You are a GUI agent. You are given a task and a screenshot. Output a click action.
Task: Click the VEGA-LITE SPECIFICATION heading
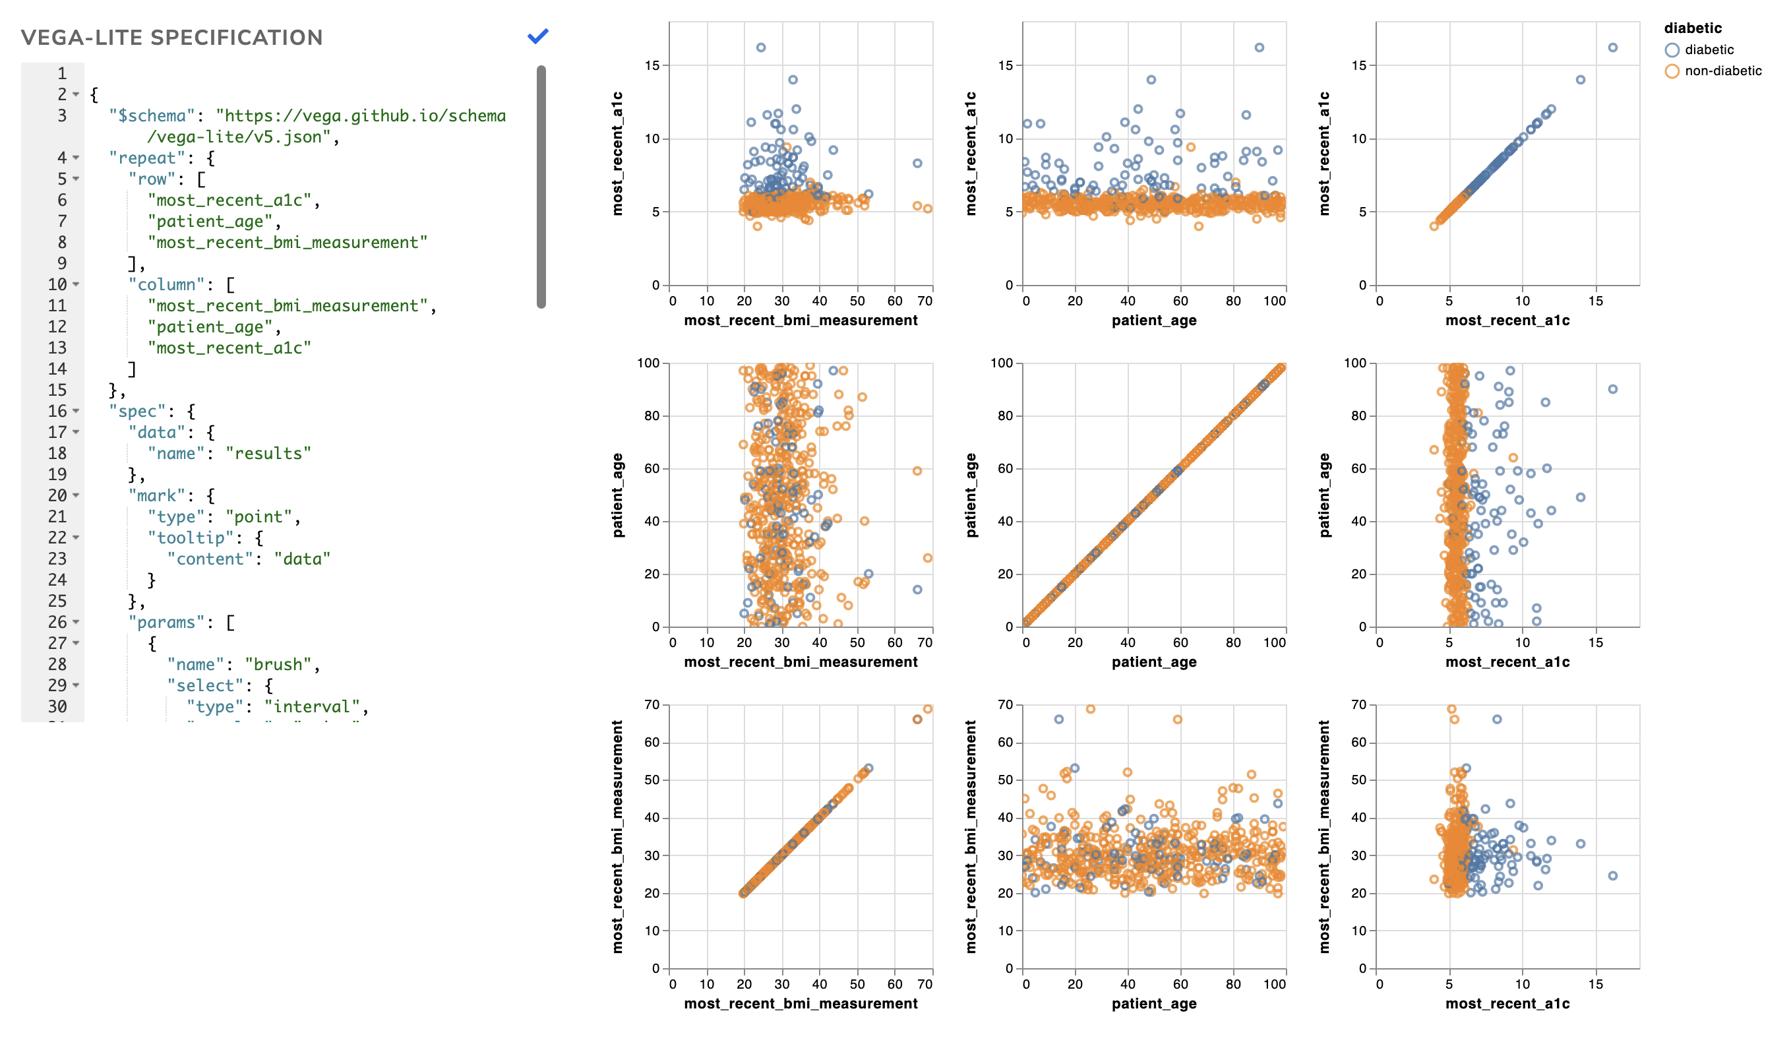coord(171,38)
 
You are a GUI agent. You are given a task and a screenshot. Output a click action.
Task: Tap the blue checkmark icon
coord(538,36)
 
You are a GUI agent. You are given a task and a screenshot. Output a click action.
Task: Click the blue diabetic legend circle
coord(1672,49)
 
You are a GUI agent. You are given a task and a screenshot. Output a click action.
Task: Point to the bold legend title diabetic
coord(1692,28)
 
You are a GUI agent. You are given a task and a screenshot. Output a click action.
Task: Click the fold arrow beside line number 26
coord(76,623)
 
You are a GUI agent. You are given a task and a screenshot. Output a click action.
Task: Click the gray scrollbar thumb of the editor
coord(541,186)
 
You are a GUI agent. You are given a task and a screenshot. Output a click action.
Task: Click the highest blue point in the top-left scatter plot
coord(760,47)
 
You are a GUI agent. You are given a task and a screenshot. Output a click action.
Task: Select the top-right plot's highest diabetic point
coord(1612,47)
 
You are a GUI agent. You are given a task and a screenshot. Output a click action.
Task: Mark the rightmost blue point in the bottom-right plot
coord(1612,876)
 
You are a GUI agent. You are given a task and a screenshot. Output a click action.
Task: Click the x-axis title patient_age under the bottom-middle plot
coord(1153,1004)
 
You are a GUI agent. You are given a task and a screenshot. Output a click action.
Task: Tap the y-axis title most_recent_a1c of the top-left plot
coord(617,154)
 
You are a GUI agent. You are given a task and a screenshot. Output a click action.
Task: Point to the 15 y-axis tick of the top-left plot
coord(652,66)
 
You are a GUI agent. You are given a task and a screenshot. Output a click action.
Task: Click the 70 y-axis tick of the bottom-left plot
coord(652,705)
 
